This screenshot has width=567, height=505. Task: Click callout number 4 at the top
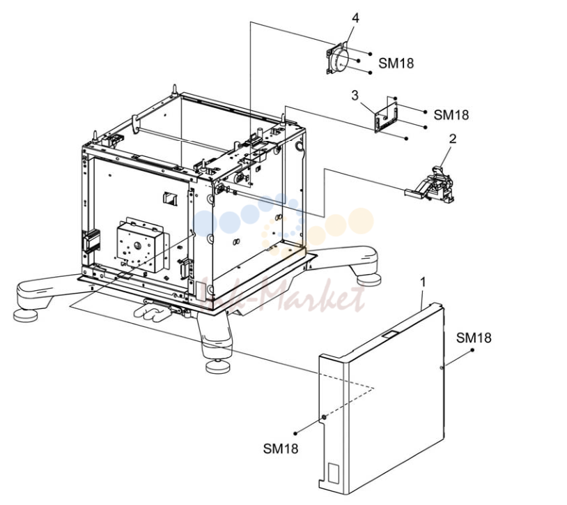click(356, 17)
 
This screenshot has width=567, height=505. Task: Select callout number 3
click(355, 96)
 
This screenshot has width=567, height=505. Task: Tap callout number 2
click(453, 139)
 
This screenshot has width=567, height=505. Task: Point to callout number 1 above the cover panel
click(423, 282)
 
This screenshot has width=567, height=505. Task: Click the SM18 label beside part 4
click(396, 63)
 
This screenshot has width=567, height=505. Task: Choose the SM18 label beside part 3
click(451, 115)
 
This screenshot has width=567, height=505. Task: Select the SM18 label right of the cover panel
click(474, 338)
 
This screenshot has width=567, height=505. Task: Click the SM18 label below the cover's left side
click(281, 449)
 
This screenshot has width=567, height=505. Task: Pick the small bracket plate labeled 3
click(386, 116)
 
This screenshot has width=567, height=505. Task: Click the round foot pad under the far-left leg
click(25, 315)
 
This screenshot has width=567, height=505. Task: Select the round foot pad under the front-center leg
click(218, 366)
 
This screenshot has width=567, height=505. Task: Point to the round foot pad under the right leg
click(368, 279)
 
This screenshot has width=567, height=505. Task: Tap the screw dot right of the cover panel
click(472, 350)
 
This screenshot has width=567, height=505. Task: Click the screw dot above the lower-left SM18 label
click(295, 433)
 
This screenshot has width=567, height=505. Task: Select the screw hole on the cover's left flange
click(324, 417)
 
